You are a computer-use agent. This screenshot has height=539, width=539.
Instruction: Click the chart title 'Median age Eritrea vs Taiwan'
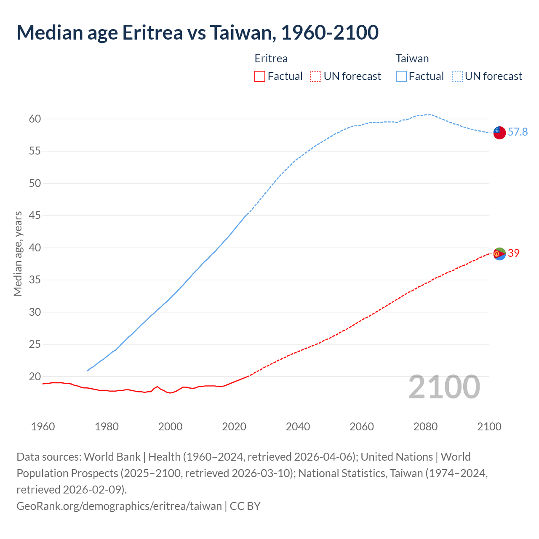point(197,32)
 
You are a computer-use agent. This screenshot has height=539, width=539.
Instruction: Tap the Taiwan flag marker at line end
point(499,132)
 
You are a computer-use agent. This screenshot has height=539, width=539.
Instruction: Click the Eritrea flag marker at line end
point(499,254)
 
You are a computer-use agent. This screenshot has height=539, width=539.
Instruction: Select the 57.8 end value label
point(518,132)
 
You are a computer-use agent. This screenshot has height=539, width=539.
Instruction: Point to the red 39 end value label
point(514,253)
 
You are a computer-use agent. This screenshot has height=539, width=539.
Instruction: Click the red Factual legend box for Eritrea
point(260,76)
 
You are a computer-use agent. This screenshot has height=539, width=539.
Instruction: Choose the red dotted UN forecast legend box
point(316,76)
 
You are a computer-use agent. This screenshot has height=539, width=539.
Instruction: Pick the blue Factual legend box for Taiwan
point(401,76)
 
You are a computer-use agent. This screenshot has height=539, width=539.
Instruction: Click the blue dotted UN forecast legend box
point(457,76)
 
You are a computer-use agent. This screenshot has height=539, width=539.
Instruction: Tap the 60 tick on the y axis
point(35,119)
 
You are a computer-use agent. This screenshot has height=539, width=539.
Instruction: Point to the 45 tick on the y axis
point(35,216)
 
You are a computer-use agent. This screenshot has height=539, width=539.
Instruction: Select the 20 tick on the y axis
point(35,377)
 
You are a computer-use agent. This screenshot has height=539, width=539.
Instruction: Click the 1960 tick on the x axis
point(43,427)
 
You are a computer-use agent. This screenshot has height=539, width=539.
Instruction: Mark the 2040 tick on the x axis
point(298,427)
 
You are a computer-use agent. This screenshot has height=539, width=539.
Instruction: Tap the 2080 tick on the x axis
point(425,427)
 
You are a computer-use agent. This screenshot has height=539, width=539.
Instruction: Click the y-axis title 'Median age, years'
point(18,254)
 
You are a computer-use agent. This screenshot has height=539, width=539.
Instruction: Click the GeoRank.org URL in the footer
point(119,506)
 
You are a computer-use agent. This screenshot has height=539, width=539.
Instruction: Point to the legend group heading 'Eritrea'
point(271,59)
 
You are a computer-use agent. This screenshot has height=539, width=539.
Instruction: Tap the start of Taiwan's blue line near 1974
point(88,371)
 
